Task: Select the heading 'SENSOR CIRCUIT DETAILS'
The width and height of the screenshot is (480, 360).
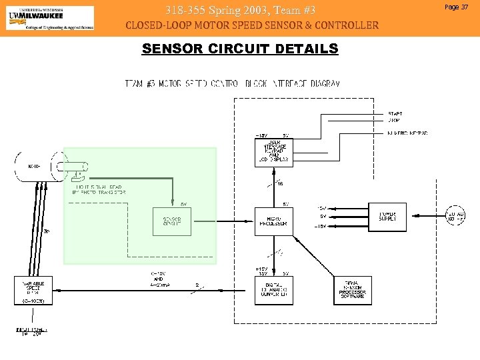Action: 240,49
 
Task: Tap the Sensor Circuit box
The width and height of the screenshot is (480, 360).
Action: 172,221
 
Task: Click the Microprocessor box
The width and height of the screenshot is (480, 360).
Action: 273,221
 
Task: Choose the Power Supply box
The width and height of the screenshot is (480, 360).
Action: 388,216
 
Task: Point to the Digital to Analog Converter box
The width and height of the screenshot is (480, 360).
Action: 273,289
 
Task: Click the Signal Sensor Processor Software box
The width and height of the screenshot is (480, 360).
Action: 353,289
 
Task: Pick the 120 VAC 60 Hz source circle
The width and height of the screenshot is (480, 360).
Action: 456,216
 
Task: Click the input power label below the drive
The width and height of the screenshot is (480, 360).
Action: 32,331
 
